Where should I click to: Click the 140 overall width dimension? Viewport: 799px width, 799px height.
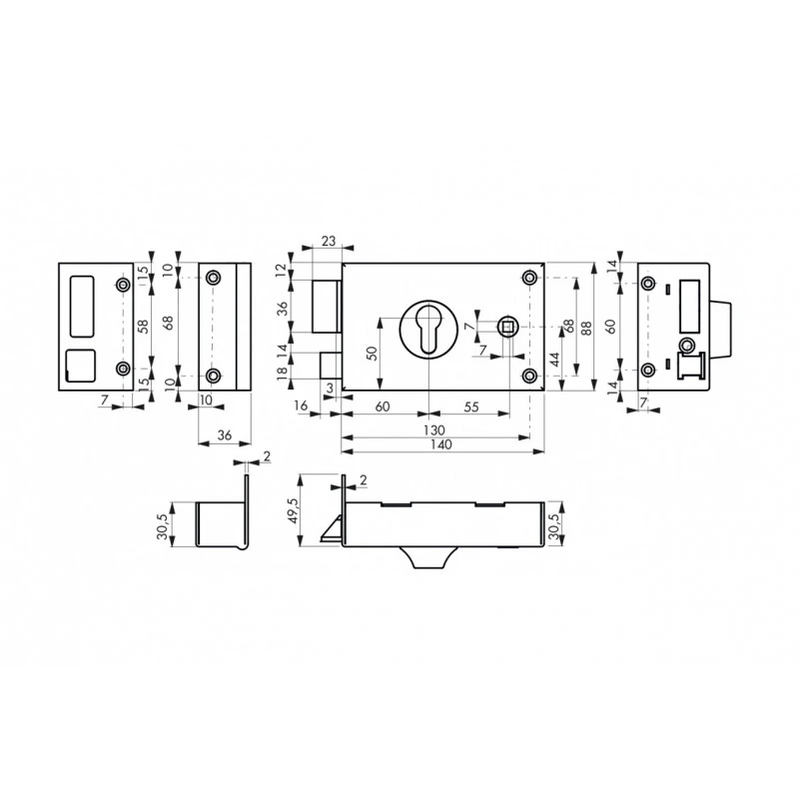coord(433,444)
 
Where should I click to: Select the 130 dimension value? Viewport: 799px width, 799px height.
coord(433,428)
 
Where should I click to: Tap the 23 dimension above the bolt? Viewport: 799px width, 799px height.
coord(326,241)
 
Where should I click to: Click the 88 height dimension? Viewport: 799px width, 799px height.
coord(588,326)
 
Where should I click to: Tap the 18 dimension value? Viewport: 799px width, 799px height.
coord(283,370)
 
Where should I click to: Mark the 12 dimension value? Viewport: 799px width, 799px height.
coord(283,271)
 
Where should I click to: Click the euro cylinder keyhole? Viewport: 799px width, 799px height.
coord(428,330)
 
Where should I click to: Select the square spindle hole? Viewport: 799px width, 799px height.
coord(508,324)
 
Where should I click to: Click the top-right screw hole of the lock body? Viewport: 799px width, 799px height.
coord(529,277)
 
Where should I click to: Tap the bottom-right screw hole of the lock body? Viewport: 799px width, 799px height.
coord(529,375)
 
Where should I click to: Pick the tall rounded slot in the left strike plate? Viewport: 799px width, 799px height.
coord(81,306)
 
